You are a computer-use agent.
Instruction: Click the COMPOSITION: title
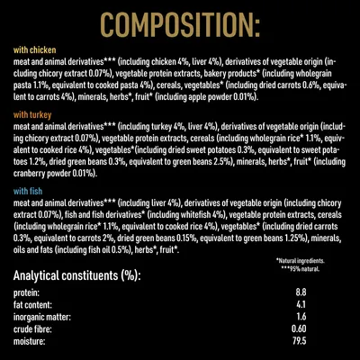coord(180,22)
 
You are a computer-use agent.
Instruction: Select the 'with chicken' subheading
coord(33,52)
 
